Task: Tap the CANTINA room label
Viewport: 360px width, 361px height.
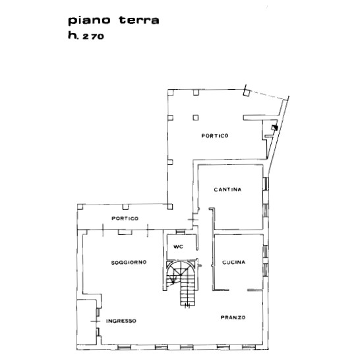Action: pyautogui.click(x=227, y=190)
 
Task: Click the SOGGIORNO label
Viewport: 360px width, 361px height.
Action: pyautogui.click(x=129, y=262)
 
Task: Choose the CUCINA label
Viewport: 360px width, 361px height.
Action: pyautogui.click(x=233, y=262)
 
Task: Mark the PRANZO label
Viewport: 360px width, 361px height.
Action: pyautogui.click(x=233, y=318)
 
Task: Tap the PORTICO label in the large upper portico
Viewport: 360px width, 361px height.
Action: pyautogui.click(x=215, y=136)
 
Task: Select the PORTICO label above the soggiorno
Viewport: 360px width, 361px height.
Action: pyautogui.click(x=125, y=218)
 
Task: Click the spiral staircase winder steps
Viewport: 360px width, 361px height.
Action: pyautogui.click(x=179, y=271)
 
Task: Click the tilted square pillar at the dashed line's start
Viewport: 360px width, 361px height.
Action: pyautogui.click(x=245, y=93)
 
